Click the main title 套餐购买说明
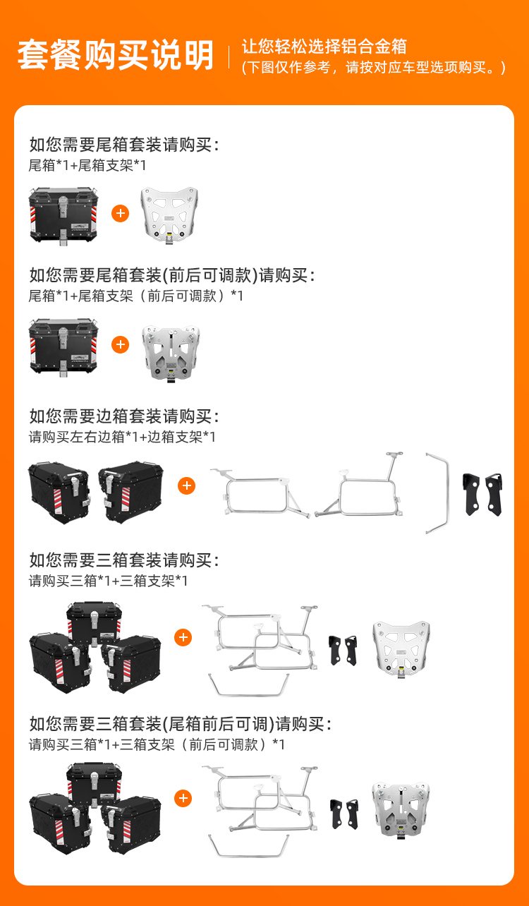116,55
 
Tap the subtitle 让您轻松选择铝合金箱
324,47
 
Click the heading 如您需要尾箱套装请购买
124,145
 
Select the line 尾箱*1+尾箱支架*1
87,165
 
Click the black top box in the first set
63,216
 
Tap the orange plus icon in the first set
120,213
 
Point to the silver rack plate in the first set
169,215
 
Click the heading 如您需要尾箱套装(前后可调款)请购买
172,275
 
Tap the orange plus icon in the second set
120,344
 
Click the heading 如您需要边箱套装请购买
124,416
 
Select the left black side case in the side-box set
59,493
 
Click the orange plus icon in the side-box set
186,485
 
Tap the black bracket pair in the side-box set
482,494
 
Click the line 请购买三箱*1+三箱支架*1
108,581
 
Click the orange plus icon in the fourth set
183,637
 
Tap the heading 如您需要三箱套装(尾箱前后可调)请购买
181,724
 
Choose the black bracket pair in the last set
344,814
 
